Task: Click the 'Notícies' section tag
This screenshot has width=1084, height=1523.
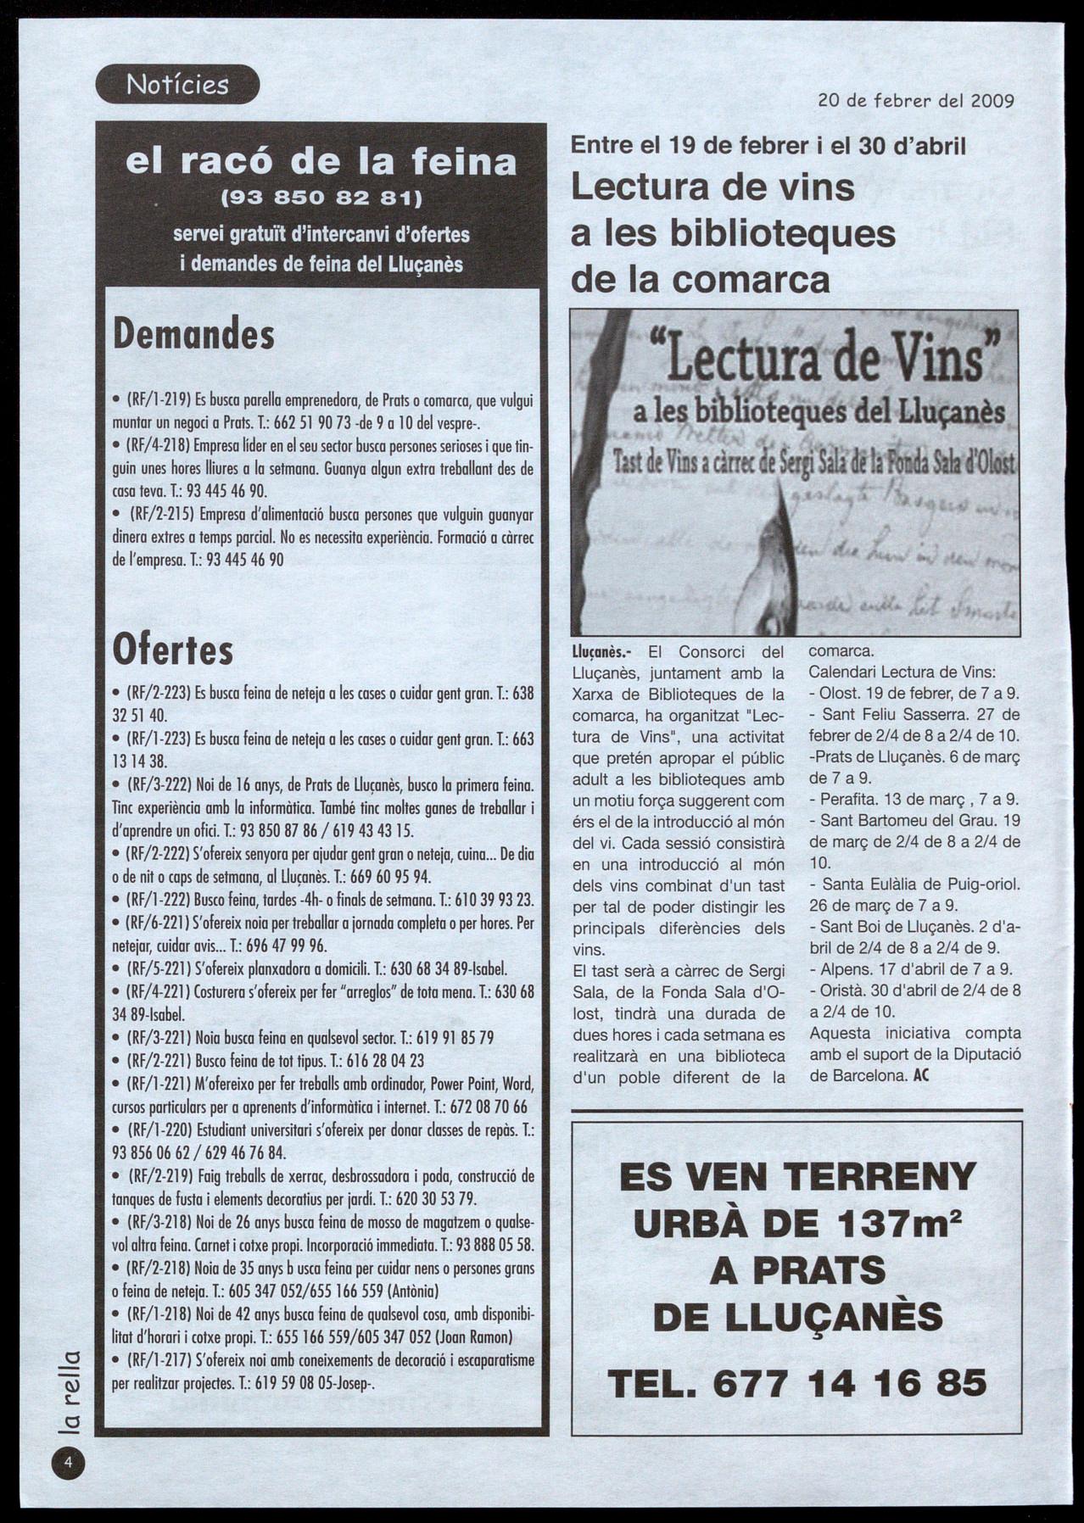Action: tap(177, 84)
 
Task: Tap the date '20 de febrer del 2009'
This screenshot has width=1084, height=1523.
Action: tap(916, 101)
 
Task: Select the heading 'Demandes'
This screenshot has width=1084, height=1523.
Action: tap(194, 334)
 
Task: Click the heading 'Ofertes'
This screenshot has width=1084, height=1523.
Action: tap(173, 650)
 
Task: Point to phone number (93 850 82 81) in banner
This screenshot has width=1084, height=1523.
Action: tap(321, 199)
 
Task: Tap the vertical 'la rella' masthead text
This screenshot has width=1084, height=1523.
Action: tap(70, 1392)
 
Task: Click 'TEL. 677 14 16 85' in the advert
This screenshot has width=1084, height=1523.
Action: tap(797, 1383)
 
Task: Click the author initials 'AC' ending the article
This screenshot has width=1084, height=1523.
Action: tap(922, 1076)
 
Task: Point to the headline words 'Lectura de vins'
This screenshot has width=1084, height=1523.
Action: tap(712, 187)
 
